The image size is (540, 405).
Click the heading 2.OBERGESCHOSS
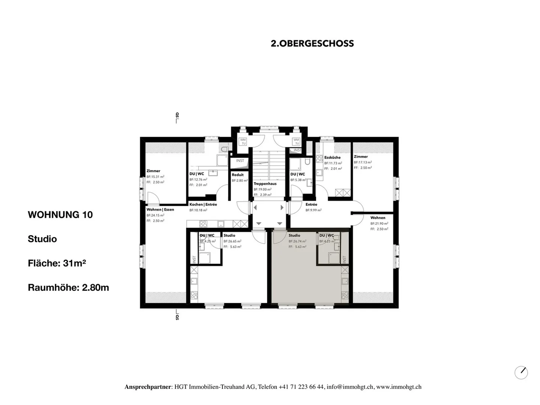pos(312,44)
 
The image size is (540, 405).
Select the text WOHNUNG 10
pos(60,215)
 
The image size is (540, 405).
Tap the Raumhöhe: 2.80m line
pos(68,288)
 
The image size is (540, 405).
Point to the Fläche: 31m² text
pos(57,263)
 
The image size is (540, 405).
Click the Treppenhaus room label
pos(265,184)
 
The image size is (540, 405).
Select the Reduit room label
pos(237,175)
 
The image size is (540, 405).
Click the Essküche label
pos(332,158)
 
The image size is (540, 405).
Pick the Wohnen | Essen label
pos(160,210)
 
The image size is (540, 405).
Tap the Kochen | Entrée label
pos(203,205)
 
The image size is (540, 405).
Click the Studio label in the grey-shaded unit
pos(294,236)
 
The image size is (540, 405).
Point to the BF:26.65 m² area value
pos(232,241)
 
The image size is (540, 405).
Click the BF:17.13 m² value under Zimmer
pos(363,163)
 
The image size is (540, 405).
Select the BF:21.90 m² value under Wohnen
pos(379,223)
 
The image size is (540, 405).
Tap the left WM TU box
pos(243,142)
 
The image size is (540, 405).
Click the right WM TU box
pos(297,142)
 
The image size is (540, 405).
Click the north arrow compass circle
pos(521,373)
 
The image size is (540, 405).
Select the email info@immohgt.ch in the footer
pos(350,387)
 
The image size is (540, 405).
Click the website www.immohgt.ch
pos(399,387)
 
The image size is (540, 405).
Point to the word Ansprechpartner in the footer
pos(148,387)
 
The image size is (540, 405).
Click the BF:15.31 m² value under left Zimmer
pos(155,177)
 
